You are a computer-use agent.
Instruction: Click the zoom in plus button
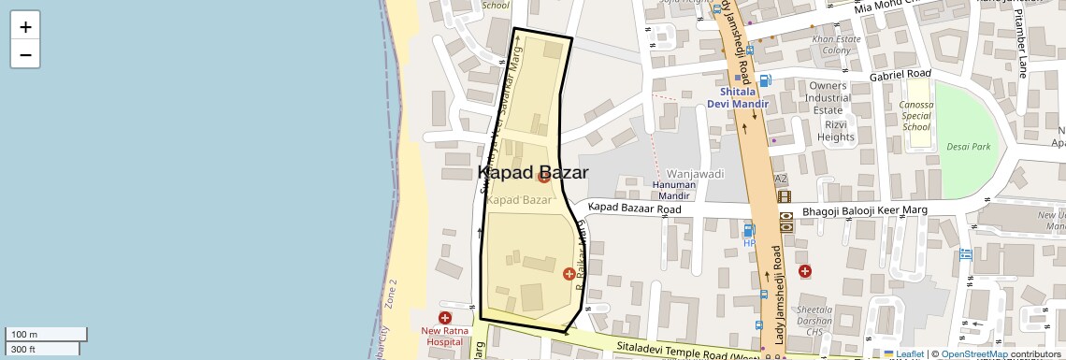tap(25, 26)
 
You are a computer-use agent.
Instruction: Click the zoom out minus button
tap(25, 54)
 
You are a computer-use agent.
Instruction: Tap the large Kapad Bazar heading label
tap(533, 172)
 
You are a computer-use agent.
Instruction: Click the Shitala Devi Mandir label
tap(744, 97)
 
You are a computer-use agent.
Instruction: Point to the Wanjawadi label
tap(695, 174)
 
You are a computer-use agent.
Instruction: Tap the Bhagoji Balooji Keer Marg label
tap(865, 211)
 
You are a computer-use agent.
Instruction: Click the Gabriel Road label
tap(900, 74)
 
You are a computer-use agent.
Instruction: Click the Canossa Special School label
tap(916, 115)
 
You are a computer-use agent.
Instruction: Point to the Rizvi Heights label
tap(835, 130)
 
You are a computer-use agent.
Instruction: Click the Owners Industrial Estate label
tap(828, 97)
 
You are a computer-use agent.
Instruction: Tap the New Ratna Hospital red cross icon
tap(445, 318)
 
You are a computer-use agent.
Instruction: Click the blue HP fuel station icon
tap(748, 229)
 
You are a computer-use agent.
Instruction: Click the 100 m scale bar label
tap(24, 335)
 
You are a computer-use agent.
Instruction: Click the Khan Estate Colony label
tap(836, 45)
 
